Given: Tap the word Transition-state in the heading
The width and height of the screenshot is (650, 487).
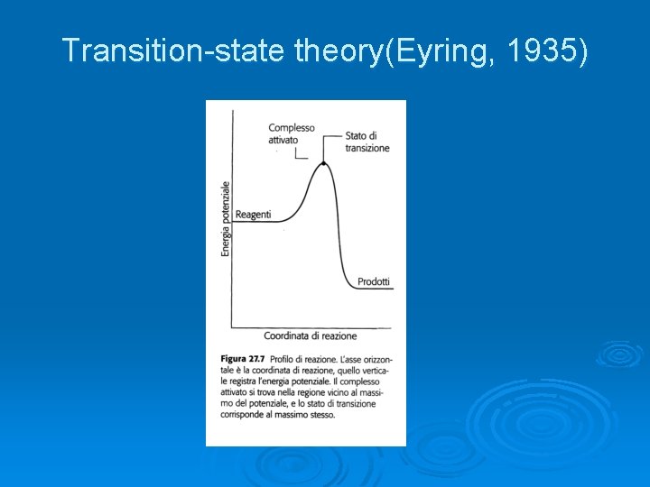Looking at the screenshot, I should click(x=175, y=52).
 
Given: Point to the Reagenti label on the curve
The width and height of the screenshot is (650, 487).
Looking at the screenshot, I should click(x=252, y=215).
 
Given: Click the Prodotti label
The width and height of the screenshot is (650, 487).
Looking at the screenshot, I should click(x=374, y=281).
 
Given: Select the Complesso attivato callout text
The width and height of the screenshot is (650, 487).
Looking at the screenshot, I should click(x=291, y=133).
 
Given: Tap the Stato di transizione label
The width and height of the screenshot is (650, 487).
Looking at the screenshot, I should click(x=367, y=142).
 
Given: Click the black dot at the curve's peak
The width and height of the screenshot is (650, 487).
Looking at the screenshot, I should click(x=323, y=163).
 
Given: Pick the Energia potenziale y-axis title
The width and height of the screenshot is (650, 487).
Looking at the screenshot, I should click(x=226, y=218).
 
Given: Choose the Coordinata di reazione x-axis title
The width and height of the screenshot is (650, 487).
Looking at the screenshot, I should click(x=310, y=336).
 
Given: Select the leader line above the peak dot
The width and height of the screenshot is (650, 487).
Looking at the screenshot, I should click(x=323, y=149).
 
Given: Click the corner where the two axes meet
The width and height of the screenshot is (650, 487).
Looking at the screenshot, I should click(x=233, y=327).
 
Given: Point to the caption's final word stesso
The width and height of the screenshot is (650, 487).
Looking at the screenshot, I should click(x=320, y=416).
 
